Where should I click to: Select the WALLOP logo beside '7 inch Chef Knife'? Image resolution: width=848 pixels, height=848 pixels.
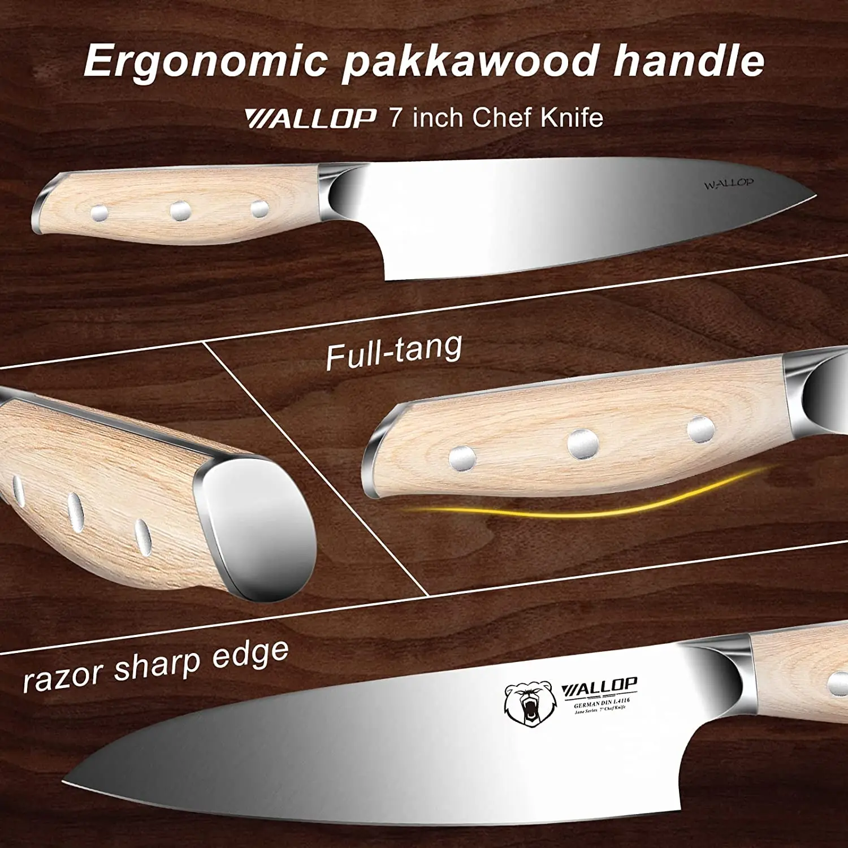pyautogui.click(x=310, y=119)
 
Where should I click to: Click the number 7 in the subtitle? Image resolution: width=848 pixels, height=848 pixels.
pyautogui.click(x=396, y=118)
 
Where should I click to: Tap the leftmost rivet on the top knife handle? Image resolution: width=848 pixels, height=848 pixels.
pyautogui.click(x=99, y=213)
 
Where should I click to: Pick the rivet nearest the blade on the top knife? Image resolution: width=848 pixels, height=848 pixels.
pyautogui.click(x=259, y=209)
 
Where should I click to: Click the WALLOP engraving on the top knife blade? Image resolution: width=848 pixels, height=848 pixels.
pyautogui.click(x=728, y=184)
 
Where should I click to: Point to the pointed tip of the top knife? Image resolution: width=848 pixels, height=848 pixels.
pyautogui.click(x=814, y=197)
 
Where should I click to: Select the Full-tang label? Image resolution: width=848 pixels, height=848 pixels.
pyautogui.click(x=393, y=352)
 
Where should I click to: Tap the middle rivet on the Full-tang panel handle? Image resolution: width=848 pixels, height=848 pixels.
pyautogui.click(x=583, y=443)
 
